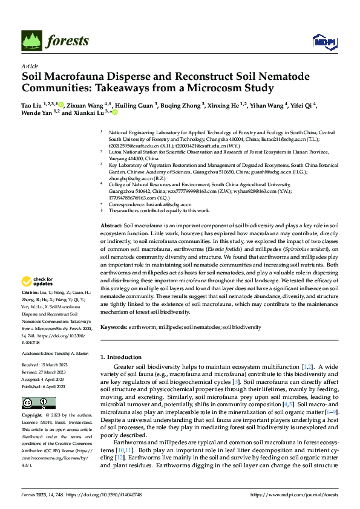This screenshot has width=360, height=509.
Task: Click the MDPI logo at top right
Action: (x=324, y=41)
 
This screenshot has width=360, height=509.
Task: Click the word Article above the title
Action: (x=30, y=66)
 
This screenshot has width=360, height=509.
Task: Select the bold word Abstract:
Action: (x=111, y=225)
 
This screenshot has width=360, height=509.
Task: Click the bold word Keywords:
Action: (x=114, y=327)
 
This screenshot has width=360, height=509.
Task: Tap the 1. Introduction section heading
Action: (x=123, y=357)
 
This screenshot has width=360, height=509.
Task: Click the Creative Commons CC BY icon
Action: (x=34, y=403)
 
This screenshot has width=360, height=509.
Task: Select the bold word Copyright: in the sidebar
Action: (x=31, y=416)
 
